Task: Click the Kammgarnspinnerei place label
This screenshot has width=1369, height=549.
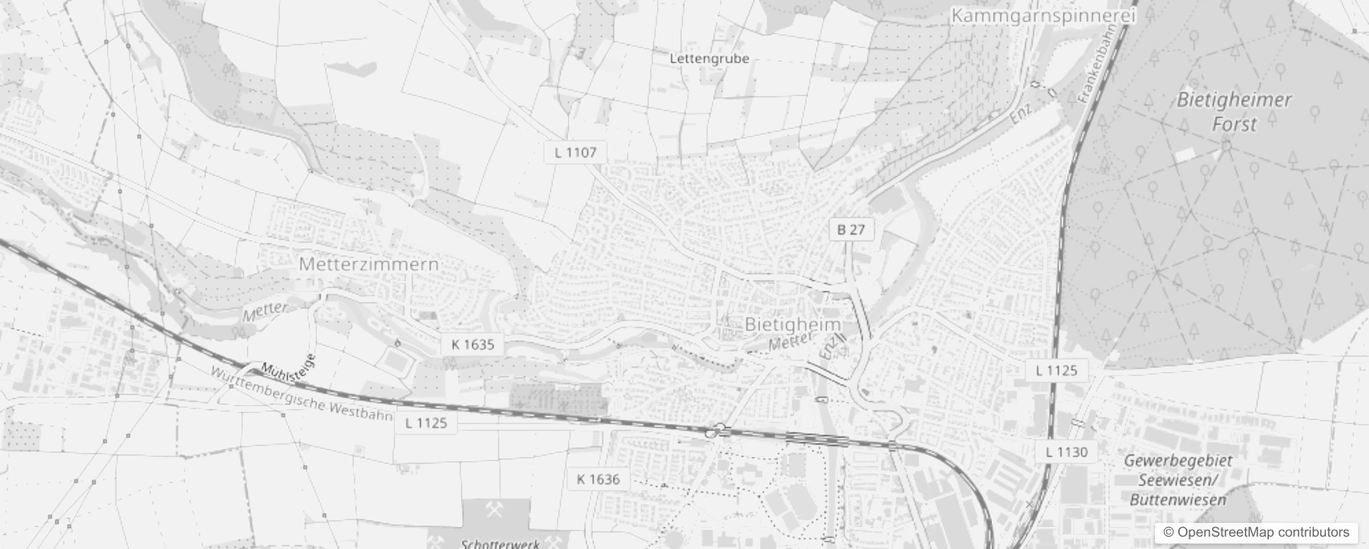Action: click(x=1043, y=15)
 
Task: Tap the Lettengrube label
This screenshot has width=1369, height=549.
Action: click(x=709, y=58)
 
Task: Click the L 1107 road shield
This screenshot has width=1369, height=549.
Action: click(x=575, y=152)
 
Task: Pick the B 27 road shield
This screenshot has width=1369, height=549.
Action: click(x=851, y=230)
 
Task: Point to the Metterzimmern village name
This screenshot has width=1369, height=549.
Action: click(x=368, y=264)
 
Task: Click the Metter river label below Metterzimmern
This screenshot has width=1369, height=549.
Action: click(x=265, y=311)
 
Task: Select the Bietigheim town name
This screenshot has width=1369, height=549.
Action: click(x=792, y=324)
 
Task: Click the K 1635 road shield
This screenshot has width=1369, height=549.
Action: click(x=473, y=344)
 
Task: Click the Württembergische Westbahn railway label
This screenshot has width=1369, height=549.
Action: click(x=302, y=394)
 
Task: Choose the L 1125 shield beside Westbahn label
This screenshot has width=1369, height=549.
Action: click(x=426, y=423)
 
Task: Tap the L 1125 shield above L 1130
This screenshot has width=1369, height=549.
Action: click(x=1056, y=371)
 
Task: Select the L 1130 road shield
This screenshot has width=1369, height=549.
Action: click(x=1067, y=452)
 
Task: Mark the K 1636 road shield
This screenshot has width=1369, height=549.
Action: click(x=598, y=479)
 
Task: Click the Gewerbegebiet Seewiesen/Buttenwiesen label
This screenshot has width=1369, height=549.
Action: click(x=1178, y=480)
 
